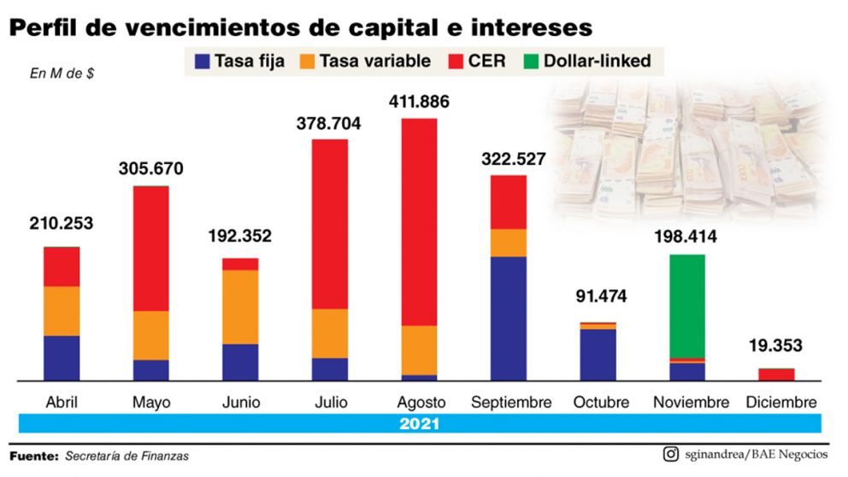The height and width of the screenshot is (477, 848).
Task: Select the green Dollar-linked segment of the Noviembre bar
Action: pos(686,305)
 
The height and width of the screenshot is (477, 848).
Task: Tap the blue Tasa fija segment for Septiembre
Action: pos(508,318)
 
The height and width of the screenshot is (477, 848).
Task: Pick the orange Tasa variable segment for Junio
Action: pos(240,307)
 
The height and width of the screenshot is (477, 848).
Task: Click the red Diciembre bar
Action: pos(776,374)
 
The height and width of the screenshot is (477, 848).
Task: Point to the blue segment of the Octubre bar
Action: pos(598,354)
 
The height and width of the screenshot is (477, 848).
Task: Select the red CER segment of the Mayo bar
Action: pos(150,248)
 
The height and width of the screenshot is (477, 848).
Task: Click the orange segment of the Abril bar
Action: pos(62,311)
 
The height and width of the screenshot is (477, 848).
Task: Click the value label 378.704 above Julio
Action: pos(328,123)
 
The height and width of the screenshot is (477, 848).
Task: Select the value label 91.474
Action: pos(598,297)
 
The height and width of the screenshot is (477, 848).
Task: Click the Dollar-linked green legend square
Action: pos(529,61)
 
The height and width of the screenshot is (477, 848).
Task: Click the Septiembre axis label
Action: pos(511,402)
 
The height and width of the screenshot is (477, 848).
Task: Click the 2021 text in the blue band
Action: pos(419,423)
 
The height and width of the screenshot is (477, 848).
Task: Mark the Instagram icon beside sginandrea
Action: pos(671,455)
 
